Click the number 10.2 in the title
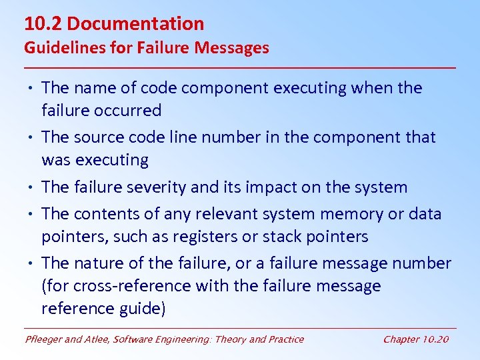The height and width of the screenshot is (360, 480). tap(43, 24)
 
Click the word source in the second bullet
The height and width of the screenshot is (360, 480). tap(97, 137)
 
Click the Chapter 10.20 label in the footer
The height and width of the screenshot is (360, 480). tap(416, 339)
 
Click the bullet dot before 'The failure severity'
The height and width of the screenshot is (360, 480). tap(31, 188)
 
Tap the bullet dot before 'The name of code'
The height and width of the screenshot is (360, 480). tap(31, 88)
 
